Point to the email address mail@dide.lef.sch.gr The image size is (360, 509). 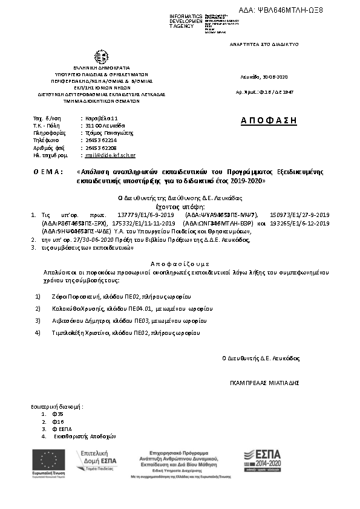[110, 155]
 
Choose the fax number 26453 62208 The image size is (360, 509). [100, 148]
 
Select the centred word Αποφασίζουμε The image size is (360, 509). [180, 264]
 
